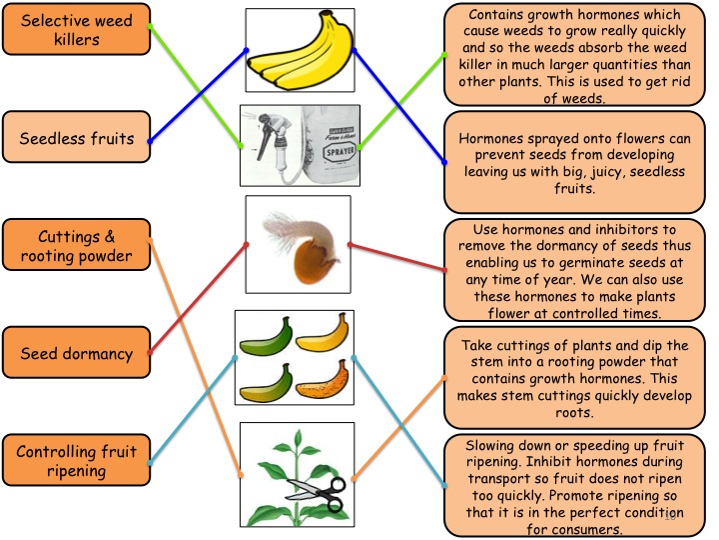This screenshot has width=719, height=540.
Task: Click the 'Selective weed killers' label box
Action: [77, 29]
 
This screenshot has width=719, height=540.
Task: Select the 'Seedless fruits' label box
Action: [77, 137]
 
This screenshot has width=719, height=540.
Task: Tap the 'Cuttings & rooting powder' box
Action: [77, 245]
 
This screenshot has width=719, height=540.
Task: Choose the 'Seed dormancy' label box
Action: [77, 353]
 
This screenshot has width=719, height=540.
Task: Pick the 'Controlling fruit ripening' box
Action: [77, 460]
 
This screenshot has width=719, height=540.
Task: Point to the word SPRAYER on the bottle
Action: [340, 151]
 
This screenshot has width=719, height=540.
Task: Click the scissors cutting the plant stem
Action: [317, 494]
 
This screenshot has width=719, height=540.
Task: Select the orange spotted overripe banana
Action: [323, 381]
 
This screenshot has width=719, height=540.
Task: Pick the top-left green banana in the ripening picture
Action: [266, 337]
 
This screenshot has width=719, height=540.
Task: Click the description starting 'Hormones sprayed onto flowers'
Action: [574, 163]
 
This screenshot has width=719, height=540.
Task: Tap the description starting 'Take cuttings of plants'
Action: [574, 378]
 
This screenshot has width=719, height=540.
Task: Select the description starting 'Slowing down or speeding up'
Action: [574, 485]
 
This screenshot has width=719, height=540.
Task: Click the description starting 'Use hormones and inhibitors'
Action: [574, 270]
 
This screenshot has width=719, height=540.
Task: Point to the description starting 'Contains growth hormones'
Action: [574, 55]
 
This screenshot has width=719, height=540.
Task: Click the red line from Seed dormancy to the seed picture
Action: [198, 298]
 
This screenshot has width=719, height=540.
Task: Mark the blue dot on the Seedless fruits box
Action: [150, 141]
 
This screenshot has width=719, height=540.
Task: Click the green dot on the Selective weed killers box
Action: [150, 26]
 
